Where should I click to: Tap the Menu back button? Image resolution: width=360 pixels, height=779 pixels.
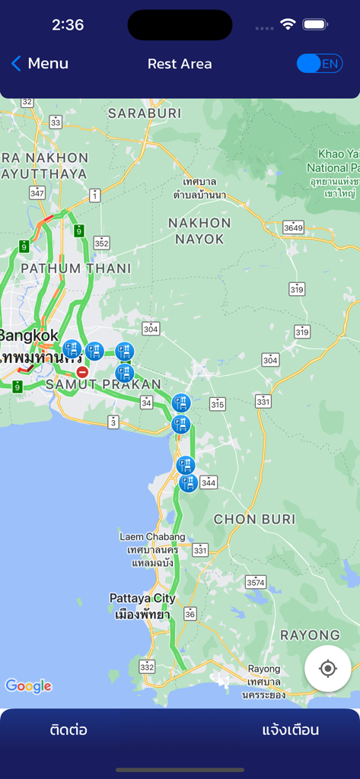40,64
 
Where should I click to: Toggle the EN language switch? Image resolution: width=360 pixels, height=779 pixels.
320,64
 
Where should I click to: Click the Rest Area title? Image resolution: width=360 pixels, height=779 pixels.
180,64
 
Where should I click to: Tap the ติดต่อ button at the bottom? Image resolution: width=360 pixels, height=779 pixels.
68,730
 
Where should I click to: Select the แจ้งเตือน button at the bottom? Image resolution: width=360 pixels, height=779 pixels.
290,730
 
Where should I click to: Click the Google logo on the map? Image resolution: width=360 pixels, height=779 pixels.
29,686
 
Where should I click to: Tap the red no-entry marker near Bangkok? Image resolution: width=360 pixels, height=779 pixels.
82,372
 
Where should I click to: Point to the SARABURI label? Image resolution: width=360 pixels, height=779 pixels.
145,113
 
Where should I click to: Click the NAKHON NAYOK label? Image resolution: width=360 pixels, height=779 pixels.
199,231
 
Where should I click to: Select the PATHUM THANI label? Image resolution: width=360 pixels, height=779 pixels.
76,269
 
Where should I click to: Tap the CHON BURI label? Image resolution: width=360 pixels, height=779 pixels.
254,520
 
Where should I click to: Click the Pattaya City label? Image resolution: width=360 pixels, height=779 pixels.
142,598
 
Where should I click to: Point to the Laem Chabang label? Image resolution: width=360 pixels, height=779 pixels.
152,537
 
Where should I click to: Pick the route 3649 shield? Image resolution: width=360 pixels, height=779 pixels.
293,227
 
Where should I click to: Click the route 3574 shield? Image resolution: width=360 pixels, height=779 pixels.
256,582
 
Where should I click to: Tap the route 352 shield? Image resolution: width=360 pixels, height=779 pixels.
101,243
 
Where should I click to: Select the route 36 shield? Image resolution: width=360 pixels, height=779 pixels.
190,614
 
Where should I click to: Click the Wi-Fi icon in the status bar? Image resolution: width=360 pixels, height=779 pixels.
288,24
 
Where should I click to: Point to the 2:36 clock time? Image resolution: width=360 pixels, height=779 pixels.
68,25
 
